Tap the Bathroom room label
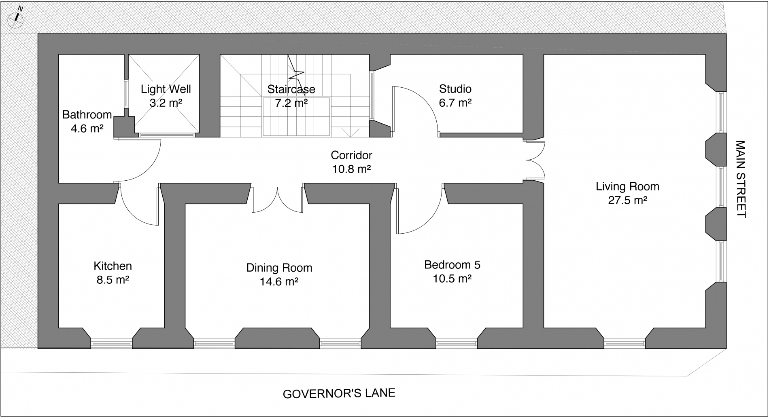point(87,115)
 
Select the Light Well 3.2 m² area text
point(166,103)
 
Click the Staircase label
point(291,89)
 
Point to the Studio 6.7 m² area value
point(455,103)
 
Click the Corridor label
point(351,155)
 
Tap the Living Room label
point(627,186)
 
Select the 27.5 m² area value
point(628,200)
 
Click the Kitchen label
point(113,266)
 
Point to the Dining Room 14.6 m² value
point(279,281)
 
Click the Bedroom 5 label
point(452,265)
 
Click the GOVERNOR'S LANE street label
point(339,393)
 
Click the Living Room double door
point(535,160)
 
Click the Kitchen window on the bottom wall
point(112,344)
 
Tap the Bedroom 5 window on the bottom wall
point(457,344)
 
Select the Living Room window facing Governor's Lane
point(625,344)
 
